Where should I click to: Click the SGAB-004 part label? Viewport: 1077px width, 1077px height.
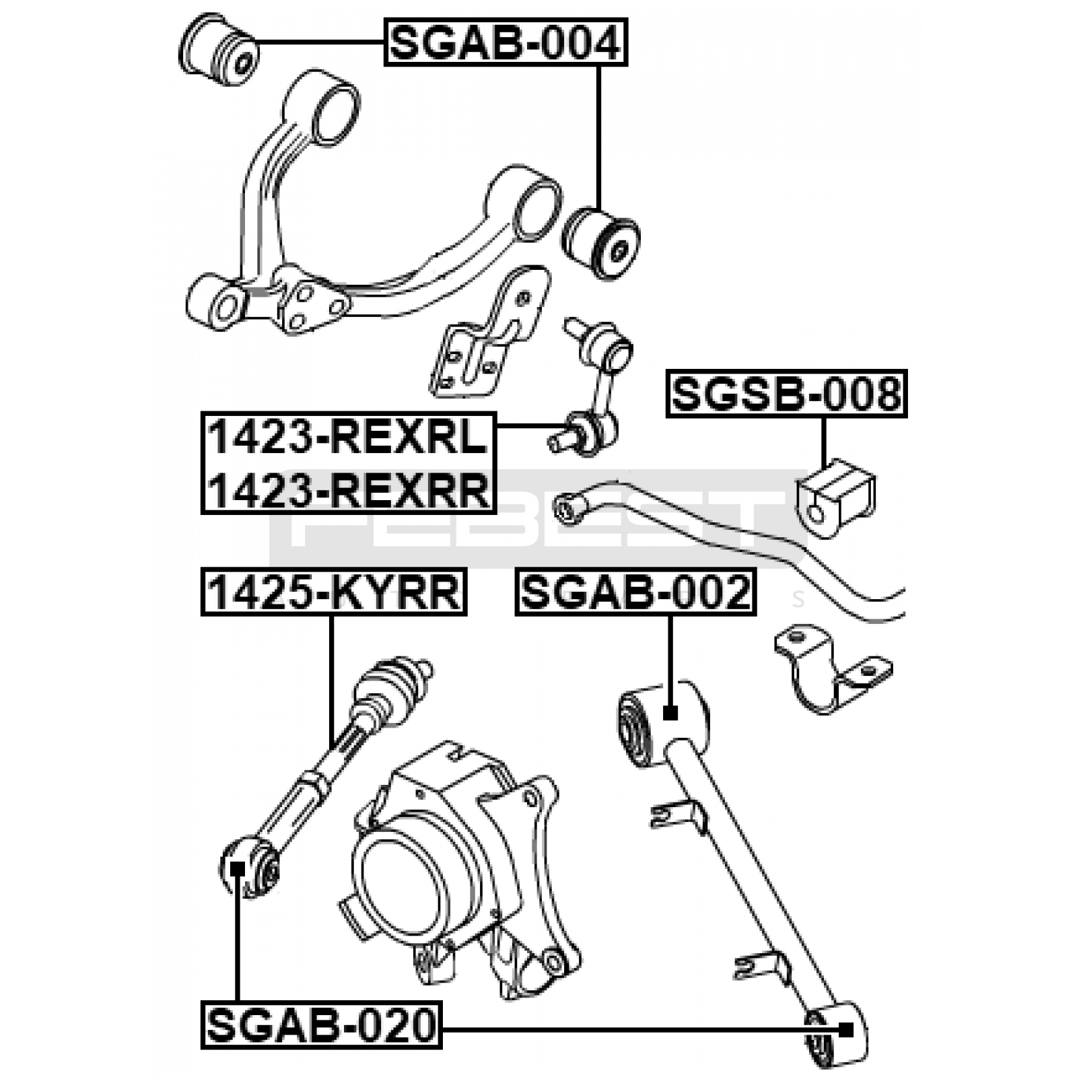(506, 42)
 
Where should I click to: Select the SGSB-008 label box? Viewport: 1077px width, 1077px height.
(787, 394)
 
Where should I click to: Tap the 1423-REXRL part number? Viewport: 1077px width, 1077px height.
(348, 438)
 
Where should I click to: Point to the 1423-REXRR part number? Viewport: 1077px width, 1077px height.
(348, 489)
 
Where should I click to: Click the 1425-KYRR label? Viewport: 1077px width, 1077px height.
(334, 592)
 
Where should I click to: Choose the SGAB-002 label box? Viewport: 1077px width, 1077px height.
(636, 592)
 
